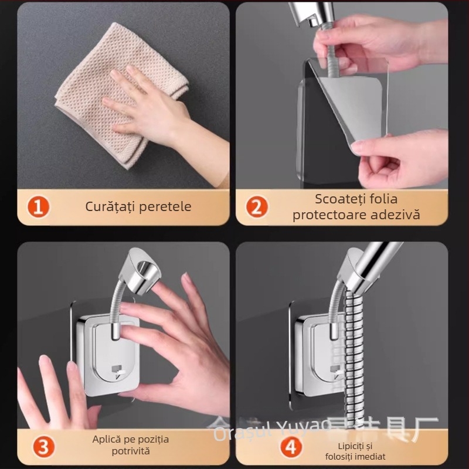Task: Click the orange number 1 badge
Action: click(38, 207)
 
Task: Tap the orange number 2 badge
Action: click(256, 207)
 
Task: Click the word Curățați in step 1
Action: click(108, 206)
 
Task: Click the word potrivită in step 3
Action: click(131, 451)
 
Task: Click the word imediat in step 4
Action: click(370, 456)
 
